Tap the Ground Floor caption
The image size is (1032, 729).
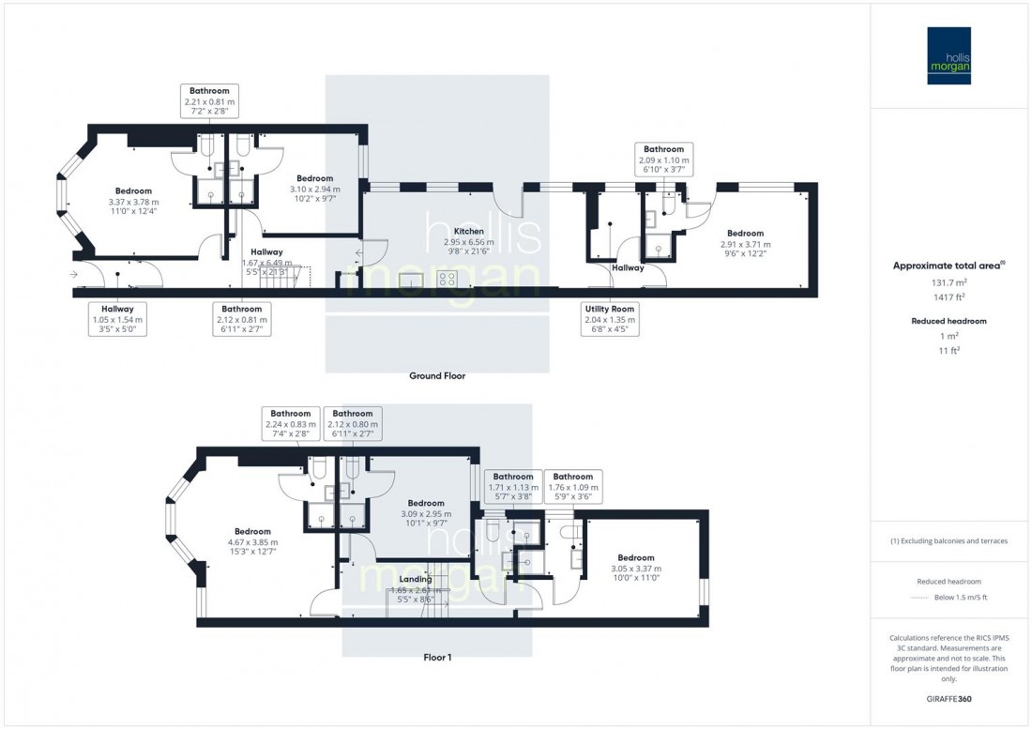pyautogui.click(x=436, y=376)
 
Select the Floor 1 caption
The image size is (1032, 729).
pyautogui.click(x=436, y=658)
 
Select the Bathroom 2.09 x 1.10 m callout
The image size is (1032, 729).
pyautogui.click(x=663, y=159)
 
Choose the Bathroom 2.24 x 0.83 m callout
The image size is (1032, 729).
pyautogui.click(x=290, y=424)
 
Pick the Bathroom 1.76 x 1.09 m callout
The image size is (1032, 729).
pyautogui.click(x=572, y=487)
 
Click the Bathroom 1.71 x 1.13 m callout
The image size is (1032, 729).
pyautogui.click(x=513, y=487)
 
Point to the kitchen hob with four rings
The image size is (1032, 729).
pyautogui.click(x=448, y=280)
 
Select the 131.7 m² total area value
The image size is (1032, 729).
pyautogui.click(x=950, y=281)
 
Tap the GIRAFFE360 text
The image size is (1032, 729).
pyautogui.click(x=950, y=700)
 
